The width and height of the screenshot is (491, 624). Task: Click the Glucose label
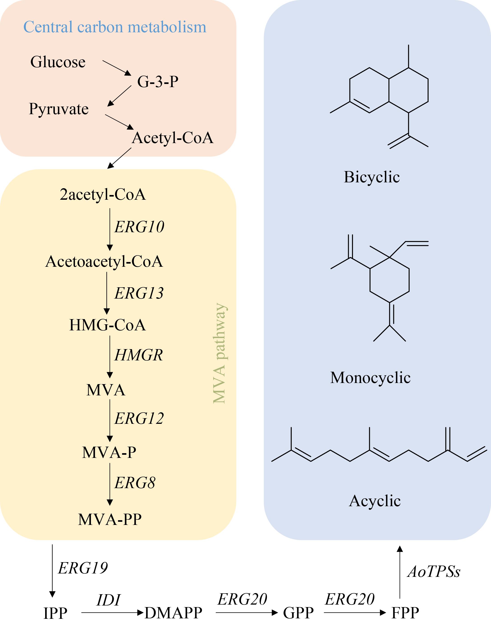pyautogui.click(x=58, y=62)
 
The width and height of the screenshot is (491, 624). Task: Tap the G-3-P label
pyautogui.click(x=158, y=81)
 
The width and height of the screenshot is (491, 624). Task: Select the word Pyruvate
pyautogui.click(x=59, y=109)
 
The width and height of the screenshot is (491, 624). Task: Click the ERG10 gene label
pyautogui.click(x=139, y=227)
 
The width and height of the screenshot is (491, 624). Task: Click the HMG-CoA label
pyautogui.click(x=107, y=325)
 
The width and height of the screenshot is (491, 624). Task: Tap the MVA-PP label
pyautogui.click(x=110, y=519)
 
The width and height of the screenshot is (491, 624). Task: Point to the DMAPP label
pyautogui.click(x=173, y=613)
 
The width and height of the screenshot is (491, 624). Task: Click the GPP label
pyautogui.click(x=298, y=613)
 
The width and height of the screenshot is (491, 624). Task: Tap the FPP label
pyautogui.click(x=405, y=613)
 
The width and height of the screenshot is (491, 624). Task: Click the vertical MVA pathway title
pyautogui.click(x=220, y=353)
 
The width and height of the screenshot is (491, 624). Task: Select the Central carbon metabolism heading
pyautogui.click(x=115, y=27)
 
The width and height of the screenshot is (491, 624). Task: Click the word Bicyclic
pyautogui.click(x=372, y=177)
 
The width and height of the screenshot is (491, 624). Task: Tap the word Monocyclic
pyautogui.click(x=370, y=378)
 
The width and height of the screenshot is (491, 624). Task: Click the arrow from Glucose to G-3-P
pyautogui.click(x=117, y=68)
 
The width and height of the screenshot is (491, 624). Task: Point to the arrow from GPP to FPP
pyautogui.click(x=355, y=613)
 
